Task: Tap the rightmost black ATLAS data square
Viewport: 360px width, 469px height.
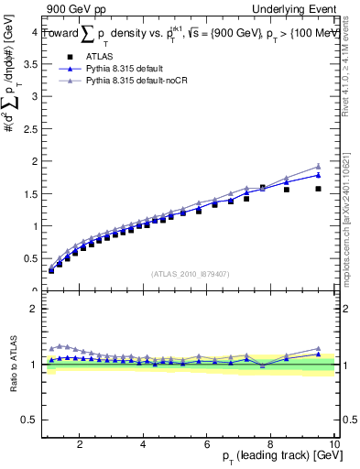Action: click(x=318, y=189)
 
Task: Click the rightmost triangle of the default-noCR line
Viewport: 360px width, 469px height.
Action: click(x=318, y=167)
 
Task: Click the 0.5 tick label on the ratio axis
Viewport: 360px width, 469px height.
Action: click(x=30, y=420)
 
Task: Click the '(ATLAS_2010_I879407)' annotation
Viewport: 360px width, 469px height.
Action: click(x=189, y=273)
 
